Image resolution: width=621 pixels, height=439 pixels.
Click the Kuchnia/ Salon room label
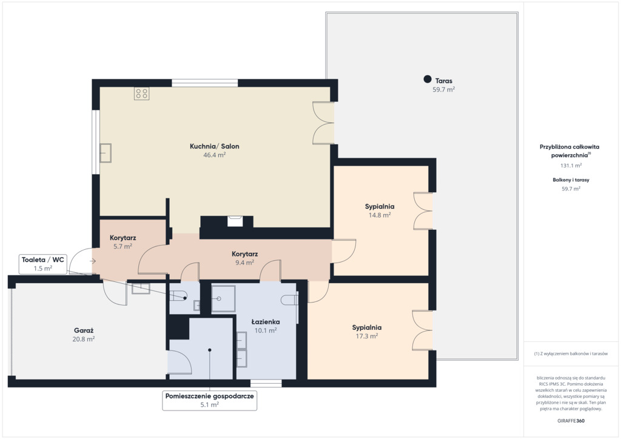coord(214,146)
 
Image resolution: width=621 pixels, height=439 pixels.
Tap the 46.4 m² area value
coord(214,155)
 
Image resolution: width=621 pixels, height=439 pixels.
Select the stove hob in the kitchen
coord(142,93)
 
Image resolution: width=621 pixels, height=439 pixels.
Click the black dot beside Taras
coord(428,79)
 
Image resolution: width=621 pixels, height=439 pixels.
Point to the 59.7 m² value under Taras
coord(443,90)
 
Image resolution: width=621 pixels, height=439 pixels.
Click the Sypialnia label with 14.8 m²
coord(380,206)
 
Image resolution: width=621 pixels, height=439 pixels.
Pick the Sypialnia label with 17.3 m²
coord(367,327)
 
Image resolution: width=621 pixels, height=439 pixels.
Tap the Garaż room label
coord(84,330)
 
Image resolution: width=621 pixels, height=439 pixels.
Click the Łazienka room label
coord(266,322)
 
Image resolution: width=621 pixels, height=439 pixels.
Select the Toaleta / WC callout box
coord(43,264)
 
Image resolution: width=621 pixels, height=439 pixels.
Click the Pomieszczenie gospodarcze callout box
coord(209,400)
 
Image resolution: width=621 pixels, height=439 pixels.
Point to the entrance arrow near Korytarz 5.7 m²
coord(93,261)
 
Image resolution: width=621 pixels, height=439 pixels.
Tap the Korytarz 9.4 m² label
coord(245,254)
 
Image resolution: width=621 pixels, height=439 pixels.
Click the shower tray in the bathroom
coord(223,298)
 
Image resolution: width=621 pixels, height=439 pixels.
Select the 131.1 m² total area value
coord(571,166)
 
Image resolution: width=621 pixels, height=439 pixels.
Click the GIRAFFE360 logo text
coord(571,421)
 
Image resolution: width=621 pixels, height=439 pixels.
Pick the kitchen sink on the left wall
coord(106,153)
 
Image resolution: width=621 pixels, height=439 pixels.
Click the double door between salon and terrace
coord(323,122)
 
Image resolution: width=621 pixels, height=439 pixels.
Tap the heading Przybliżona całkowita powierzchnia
coord(569,151)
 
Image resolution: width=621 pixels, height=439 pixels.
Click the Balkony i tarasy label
coord(571,179)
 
